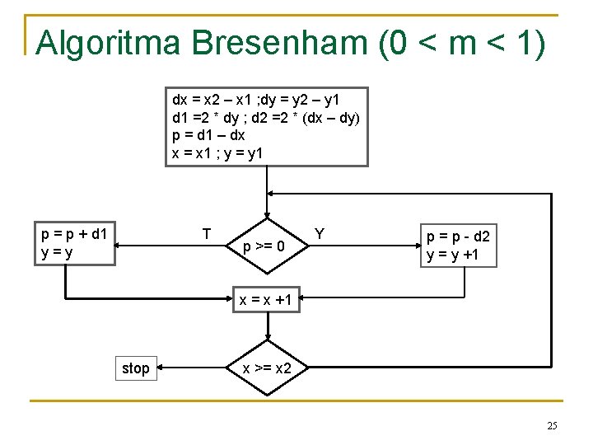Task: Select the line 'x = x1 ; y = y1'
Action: [x=221, y=152]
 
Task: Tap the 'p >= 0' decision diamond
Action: [x=267, y=246]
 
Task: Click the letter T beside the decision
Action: [x=207, y=234]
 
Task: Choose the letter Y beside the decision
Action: [x=320, y=234]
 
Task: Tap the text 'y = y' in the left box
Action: [x=58, y=254]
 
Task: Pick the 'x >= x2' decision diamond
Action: [x=267, y=368]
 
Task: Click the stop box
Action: [x=136, y=368]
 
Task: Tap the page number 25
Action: [x=552, y=425]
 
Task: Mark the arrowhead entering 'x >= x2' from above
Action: [x=267, y=337]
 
